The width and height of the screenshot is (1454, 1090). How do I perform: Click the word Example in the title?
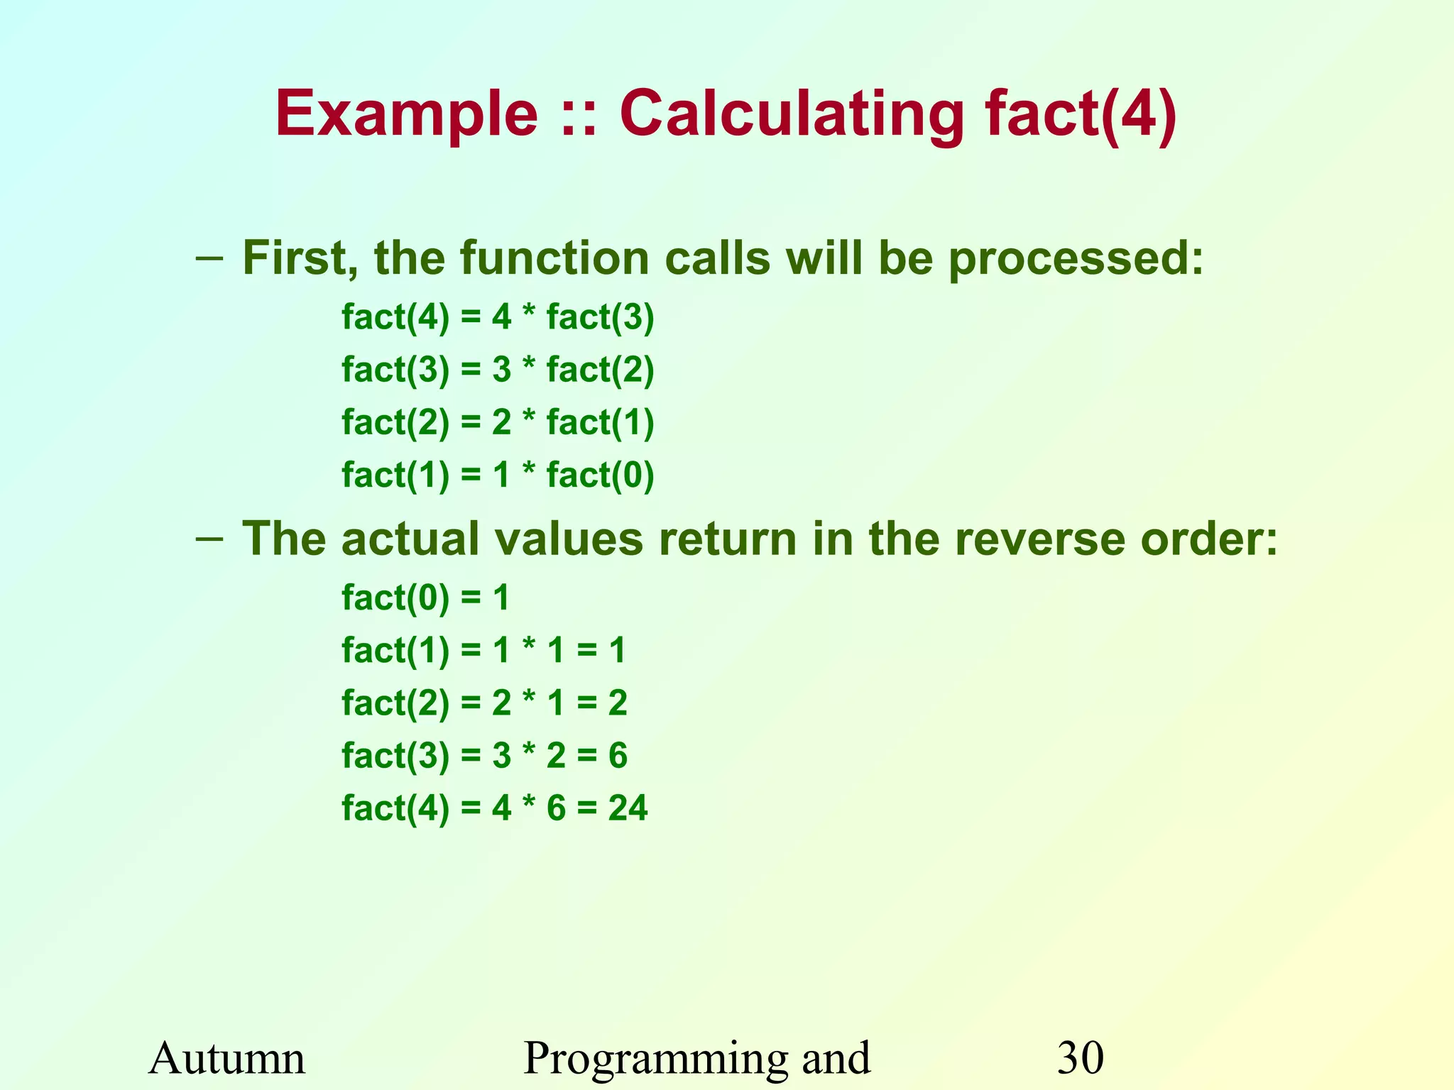[407, 115]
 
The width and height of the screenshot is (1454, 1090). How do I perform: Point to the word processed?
[1076, 259]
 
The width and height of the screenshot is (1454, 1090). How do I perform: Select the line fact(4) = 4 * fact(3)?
[498, 316]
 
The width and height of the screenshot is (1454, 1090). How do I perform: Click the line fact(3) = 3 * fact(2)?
[498, 370]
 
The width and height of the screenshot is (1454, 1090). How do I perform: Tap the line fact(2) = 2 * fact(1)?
[498, 422]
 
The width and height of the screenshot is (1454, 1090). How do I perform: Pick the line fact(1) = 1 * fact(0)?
[498, 475]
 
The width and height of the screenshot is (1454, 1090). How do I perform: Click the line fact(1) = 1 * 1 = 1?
[483, 650]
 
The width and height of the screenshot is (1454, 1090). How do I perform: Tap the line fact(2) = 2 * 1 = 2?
[484, 703]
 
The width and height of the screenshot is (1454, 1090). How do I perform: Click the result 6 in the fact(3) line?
[618, 755]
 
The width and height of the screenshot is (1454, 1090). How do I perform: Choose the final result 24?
[628, 808]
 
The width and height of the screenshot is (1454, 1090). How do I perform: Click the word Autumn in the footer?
[227, 1058]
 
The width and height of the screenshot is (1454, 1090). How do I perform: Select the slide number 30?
[1081, 1058]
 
